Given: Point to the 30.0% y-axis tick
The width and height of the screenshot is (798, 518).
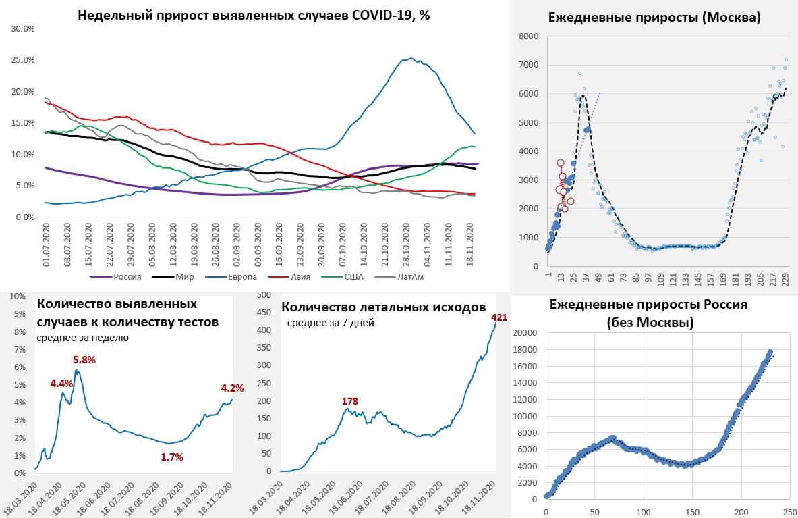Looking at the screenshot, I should pyautogui.click(x=24, y=29).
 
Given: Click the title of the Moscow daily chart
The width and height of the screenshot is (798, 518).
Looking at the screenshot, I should pyautogui.click(x=654, y=18).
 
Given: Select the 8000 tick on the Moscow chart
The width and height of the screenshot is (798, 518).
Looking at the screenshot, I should pyautogui.click(x=528, y=36).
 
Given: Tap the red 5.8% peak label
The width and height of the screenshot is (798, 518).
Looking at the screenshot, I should pyautogui.click(x=84, y=360).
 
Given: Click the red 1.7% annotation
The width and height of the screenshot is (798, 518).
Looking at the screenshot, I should pyautogui.click(x=172, y=457).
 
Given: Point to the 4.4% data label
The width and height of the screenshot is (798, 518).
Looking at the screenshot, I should pyautogui.click(x=61, y=383).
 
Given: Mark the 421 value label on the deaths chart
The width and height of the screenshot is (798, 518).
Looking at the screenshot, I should pyautogui.click(x=499, y=317).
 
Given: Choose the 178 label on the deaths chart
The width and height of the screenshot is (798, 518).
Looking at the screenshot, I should pyautogui.click(x=349, y=402).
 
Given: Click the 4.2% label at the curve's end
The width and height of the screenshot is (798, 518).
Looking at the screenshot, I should pyautogui.click(x=232, y=388).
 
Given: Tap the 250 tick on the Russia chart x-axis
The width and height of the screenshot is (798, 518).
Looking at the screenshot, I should pyautogui.click(x=790, y=512).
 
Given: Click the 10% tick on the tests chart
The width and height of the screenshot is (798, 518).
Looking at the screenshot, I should pyautogui.click(x=17, y=296).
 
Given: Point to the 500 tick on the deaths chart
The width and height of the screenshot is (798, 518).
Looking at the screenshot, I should pyautogui.click(x=264, y=294).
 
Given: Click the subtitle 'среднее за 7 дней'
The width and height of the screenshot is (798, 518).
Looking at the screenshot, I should pyautogui.click(x=331, y=323).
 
